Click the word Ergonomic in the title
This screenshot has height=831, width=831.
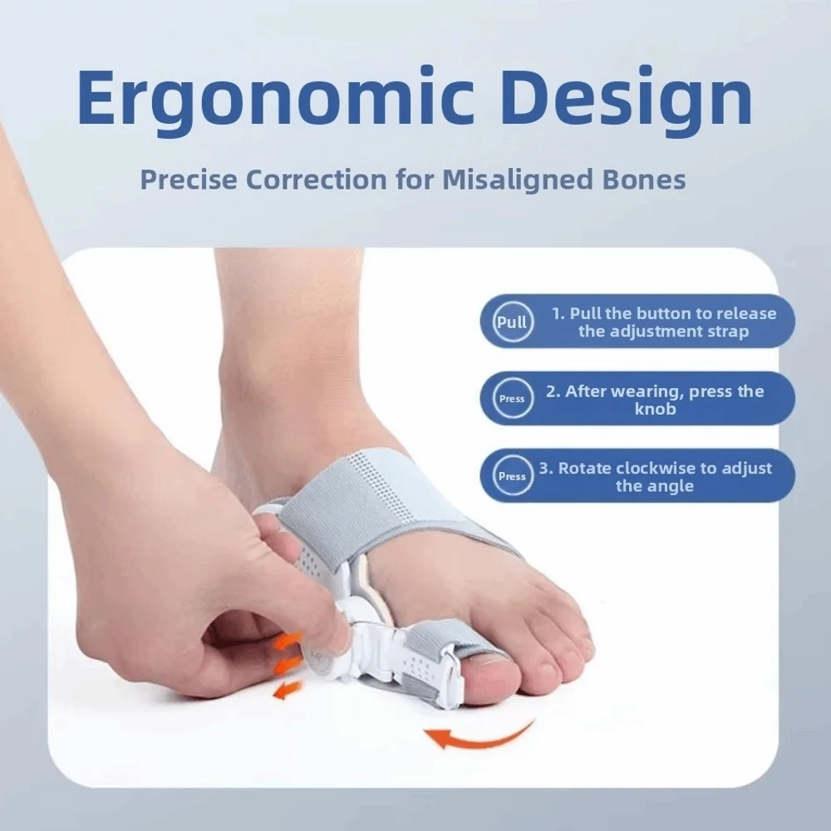coord(276,98)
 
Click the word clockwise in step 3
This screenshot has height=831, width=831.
coord(655,468)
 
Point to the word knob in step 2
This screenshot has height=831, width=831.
coord(656,409)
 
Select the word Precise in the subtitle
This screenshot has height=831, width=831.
coord(189,179)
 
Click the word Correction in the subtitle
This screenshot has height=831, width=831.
coord(317,179)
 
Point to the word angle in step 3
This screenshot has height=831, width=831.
coord(670,486)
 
